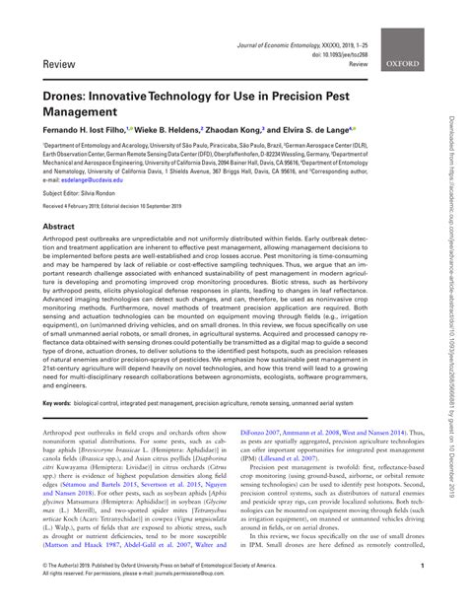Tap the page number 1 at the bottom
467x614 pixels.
[420, 593]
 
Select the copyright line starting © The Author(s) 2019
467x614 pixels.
[138, 592]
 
